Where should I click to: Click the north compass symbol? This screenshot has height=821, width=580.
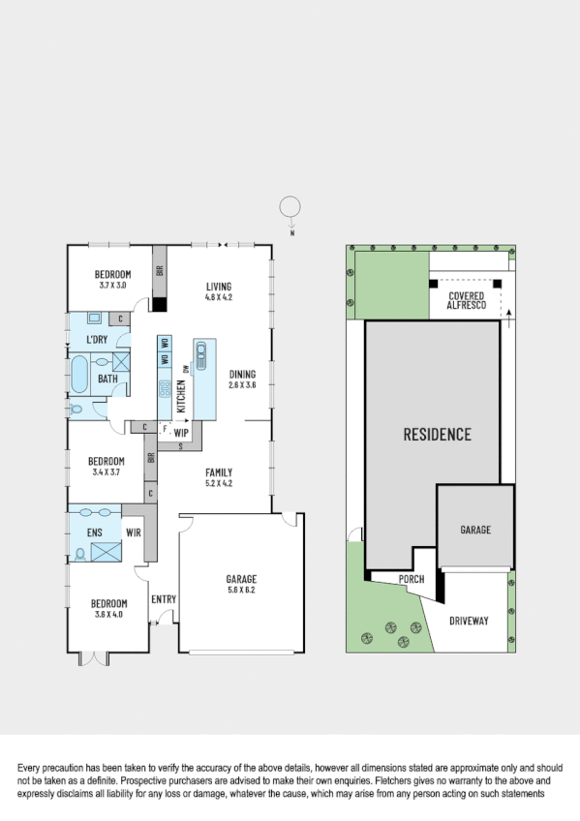[290, 207]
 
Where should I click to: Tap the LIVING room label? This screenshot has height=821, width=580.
[220, 286]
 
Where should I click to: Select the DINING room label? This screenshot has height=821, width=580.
[243, 374]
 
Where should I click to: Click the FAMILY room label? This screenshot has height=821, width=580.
[219, 471]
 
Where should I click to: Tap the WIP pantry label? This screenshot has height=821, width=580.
[181, 433]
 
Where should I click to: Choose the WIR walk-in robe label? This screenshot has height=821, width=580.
[133, 532]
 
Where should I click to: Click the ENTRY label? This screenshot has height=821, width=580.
[164, 599]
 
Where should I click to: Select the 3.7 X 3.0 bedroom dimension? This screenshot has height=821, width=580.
[114, 286]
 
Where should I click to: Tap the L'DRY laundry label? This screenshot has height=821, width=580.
[97, 339]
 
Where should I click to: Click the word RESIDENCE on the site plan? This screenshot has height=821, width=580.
[437, 434]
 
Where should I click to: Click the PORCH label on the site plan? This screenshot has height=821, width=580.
[412, 579]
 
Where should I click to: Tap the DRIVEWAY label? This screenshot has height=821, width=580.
[470, 621]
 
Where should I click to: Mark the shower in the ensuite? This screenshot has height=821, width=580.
[103, 553]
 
